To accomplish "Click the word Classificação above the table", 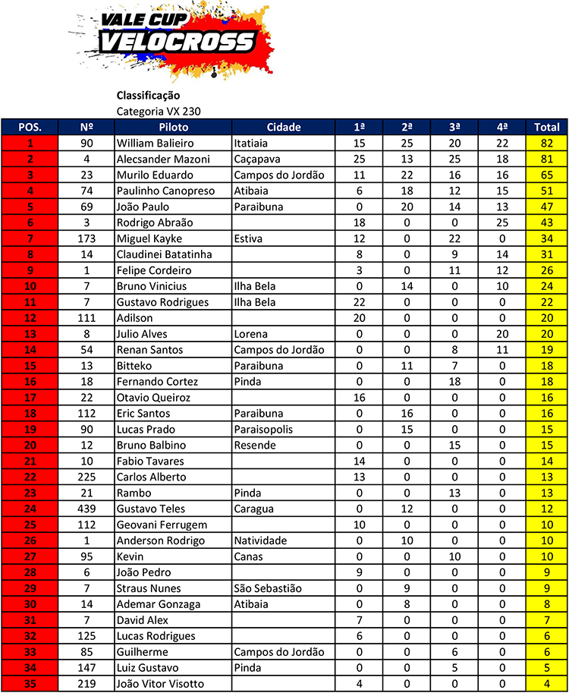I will (148, 96).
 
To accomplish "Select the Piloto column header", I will (174, 127).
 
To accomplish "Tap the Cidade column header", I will (284, 127).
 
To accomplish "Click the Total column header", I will (547, 127).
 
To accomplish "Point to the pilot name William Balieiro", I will (156, 143).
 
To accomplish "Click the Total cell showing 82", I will (547, 143).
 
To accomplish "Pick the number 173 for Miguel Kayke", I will (86, 238).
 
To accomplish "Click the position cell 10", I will (30, 286).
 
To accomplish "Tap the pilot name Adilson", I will (134, 318).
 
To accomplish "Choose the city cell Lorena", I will (250, 334).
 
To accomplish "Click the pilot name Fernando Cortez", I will (157, 382).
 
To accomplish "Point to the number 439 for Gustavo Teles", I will (86, 509).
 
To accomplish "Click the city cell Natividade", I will (260, 540).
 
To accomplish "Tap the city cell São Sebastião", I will (268, 588).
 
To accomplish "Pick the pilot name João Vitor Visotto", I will (161, 684).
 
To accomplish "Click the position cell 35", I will (30, 684).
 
